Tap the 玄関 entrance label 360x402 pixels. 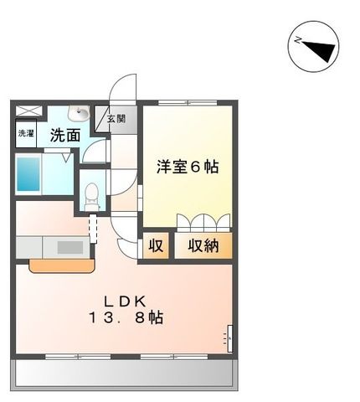(116, 119)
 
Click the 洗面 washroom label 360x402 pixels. (65, 135)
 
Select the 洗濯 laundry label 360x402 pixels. (26, 133)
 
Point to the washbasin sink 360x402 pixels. (79, 113)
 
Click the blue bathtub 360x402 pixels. (28, 174)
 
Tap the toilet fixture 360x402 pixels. (91, 197)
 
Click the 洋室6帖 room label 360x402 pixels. (188, 167)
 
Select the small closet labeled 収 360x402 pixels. (156, 245)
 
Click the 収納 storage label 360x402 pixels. (203, 245)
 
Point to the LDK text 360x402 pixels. (125, 301)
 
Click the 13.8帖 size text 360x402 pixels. (126, 317)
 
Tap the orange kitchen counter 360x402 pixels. (62, 265)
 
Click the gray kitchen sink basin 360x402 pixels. (70, 247)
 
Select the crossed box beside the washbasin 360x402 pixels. (28, 111)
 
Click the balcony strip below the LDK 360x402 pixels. (124, 373)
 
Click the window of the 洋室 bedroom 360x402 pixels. (188, 102)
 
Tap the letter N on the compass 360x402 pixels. (298, 40)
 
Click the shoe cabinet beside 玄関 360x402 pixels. (101, 119)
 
